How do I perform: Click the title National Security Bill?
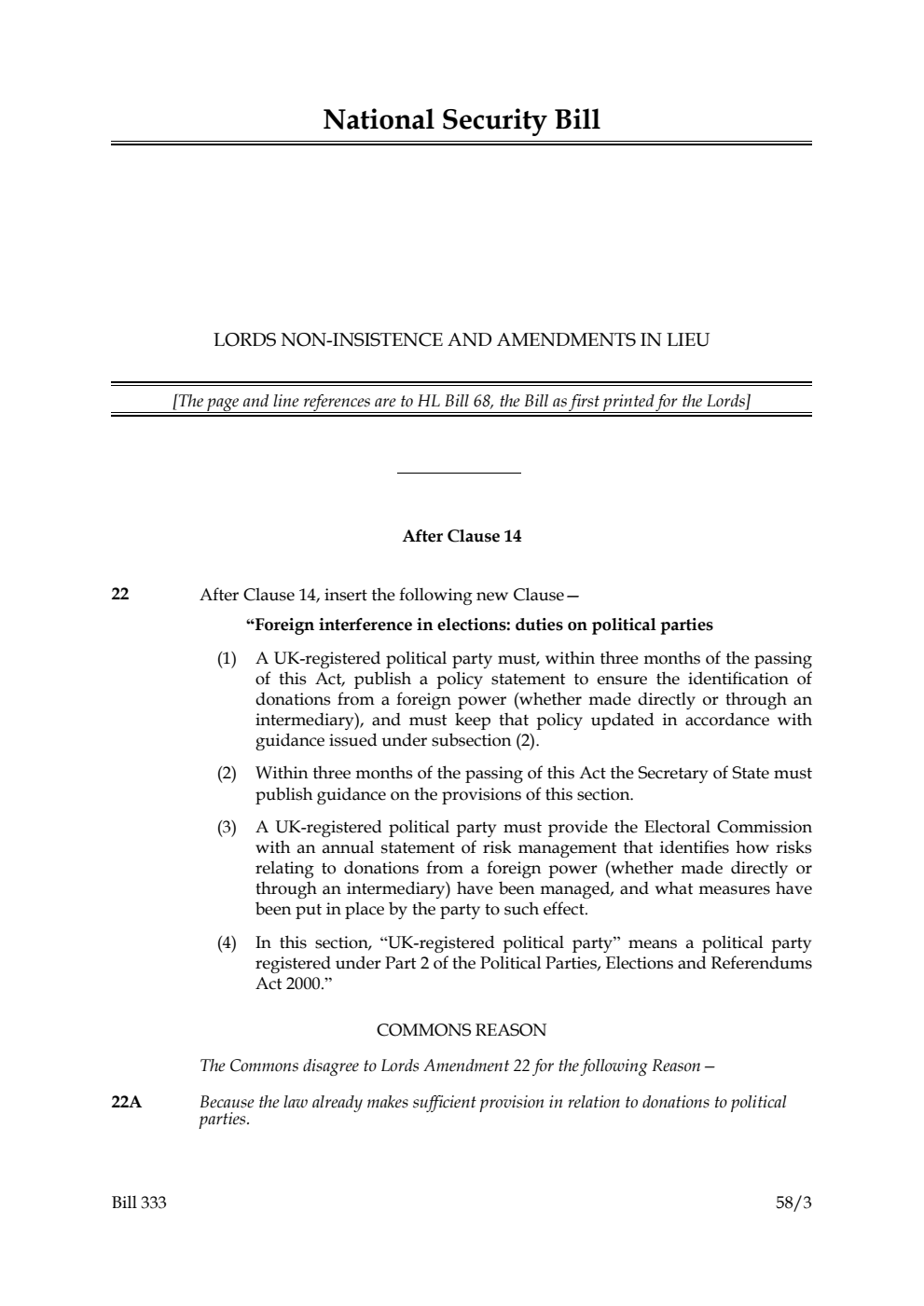(x=461, y=120)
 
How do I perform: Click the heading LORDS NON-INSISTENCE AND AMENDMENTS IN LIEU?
(x=461, y=340)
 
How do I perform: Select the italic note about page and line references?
(x=461, y=402)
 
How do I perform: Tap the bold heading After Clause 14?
(x=461, y=536)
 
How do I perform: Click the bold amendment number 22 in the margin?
(x=120, y=594)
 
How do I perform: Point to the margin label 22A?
(x=126, y=1103)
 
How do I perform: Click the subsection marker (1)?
(x=227, y=659)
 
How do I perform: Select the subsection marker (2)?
(x=227, y=774)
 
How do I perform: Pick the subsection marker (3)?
(x=227, y=828)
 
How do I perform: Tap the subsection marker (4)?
(x=227, y=943)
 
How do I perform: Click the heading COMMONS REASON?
(x=461, y=1030)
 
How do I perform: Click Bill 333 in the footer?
(x=139, y=1203)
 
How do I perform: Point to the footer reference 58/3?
(x=793, y=1203)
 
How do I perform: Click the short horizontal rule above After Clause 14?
(x=459, y=474)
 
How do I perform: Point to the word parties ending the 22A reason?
(x=224, y=1119)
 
